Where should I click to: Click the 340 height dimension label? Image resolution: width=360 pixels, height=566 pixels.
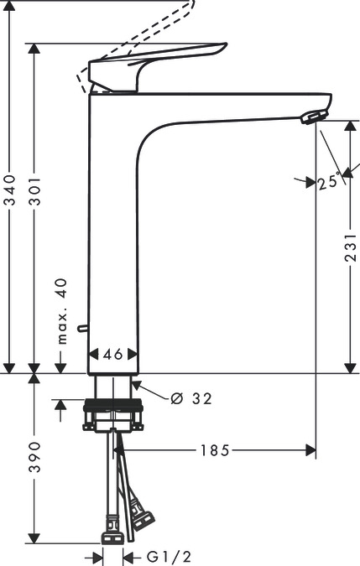click(x=9, y=192)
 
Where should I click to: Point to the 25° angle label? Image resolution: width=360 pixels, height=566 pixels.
click(x=329, y=182)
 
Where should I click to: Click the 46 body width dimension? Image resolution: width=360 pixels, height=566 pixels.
click(x=113, y=355)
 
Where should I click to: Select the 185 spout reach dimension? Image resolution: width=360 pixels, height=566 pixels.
click(x=216, y=451)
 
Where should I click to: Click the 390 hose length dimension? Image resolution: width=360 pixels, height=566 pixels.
click(x=34, y=458)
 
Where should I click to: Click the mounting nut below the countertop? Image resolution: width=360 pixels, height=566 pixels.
click(x=114, y=417)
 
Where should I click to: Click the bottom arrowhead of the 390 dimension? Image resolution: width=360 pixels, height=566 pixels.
click(x=34, y=537)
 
